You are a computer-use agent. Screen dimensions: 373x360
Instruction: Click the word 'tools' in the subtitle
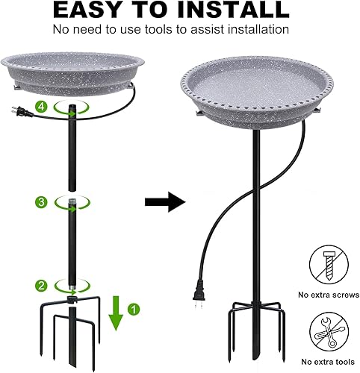tap(174, 30)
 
